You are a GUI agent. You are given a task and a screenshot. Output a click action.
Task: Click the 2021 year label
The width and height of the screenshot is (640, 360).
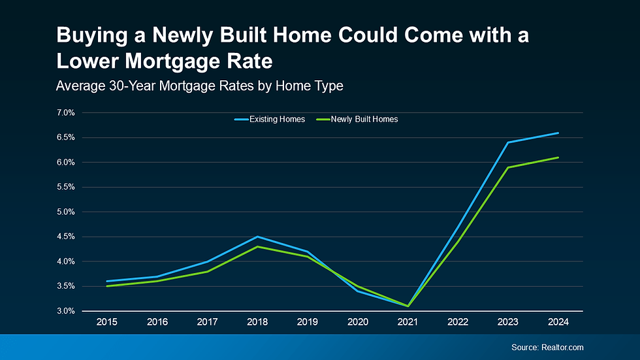407,322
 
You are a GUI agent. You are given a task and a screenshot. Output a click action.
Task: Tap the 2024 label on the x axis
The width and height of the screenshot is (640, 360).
558,322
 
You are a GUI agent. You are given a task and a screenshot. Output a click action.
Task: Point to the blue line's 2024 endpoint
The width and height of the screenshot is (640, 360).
558,133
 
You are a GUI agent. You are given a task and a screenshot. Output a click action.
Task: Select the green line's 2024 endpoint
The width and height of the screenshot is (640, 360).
558,157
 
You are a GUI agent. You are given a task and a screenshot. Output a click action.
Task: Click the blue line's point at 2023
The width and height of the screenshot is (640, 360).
507,142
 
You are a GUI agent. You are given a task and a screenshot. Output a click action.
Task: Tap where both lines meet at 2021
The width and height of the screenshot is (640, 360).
407,306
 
